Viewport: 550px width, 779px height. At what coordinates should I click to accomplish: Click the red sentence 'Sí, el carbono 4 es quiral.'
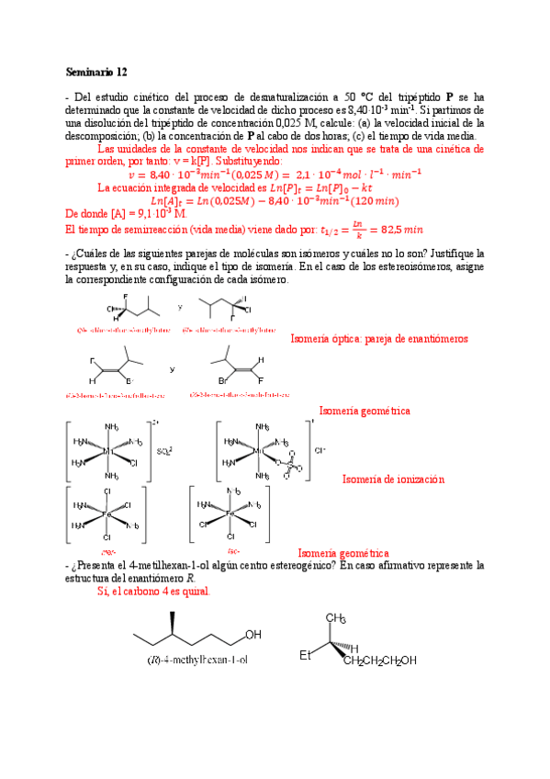(x=153, y=592)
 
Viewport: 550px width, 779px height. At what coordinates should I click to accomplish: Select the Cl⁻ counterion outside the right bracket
(x=320, y=451)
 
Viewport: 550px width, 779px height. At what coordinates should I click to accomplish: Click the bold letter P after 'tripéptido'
(x=449, y=96)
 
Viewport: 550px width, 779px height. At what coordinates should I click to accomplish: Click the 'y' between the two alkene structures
(x=172, y=369)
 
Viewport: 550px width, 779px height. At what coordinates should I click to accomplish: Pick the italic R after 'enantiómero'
(x=190, y=579)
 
